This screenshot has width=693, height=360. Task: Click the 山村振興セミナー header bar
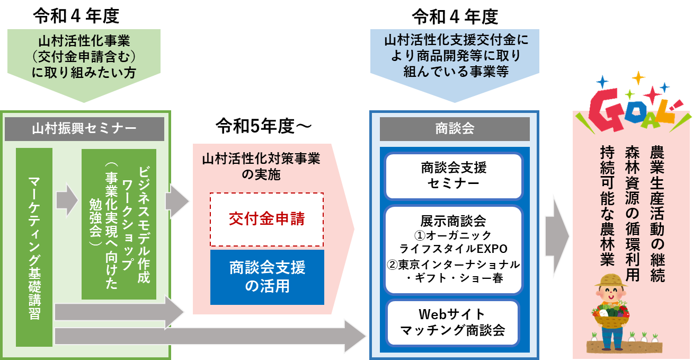point(84,128)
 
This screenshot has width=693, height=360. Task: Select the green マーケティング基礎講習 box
point(34,247)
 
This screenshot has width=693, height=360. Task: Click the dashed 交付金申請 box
point(266,219)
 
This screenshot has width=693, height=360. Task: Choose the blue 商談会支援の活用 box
point(267,277)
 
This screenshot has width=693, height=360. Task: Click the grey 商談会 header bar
point(454,128)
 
